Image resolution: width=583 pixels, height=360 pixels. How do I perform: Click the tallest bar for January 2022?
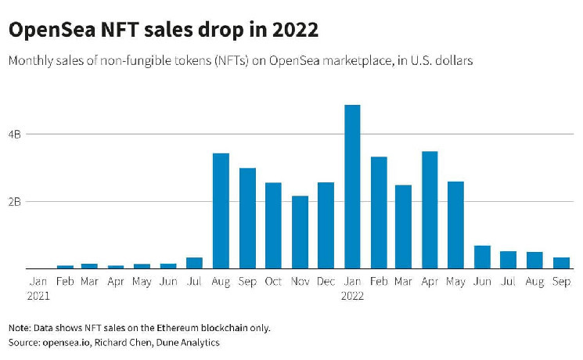tap(352, 187)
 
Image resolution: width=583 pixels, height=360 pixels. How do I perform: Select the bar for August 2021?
tap(221, 211)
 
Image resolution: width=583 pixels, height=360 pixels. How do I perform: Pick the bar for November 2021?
tap(300, 232)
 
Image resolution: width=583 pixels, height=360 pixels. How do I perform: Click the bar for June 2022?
tap(482, 257)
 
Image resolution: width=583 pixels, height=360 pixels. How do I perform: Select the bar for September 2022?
tap(561, 263)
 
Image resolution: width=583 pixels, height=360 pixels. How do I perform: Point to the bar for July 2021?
tap(195, 263)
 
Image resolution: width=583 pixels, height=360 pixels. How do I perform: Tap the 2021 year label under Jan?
tap(38, 297)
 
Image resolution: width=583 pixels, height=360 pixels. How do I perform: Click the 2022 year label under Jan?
tap(352, 297)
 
